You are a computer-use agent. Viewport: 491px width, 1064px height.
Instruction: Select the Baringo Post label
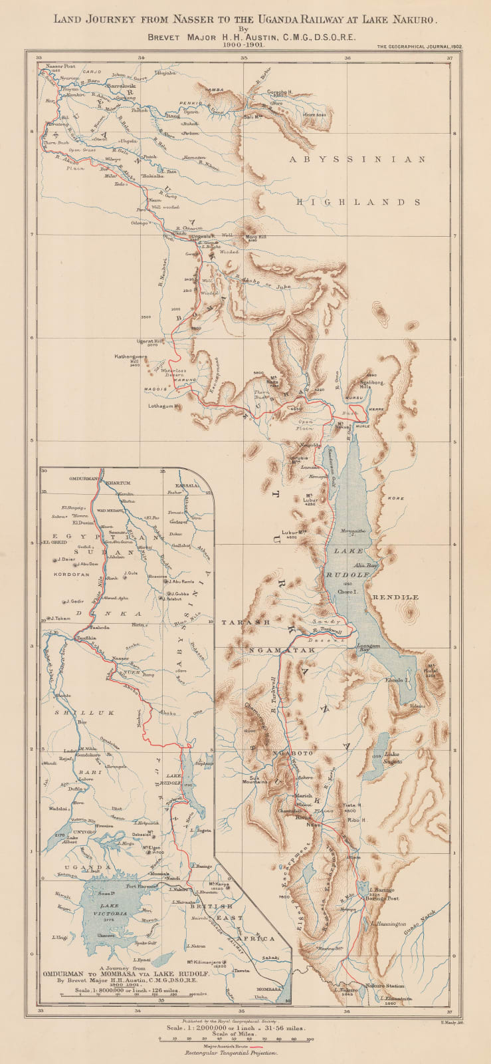pos(383,898)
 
